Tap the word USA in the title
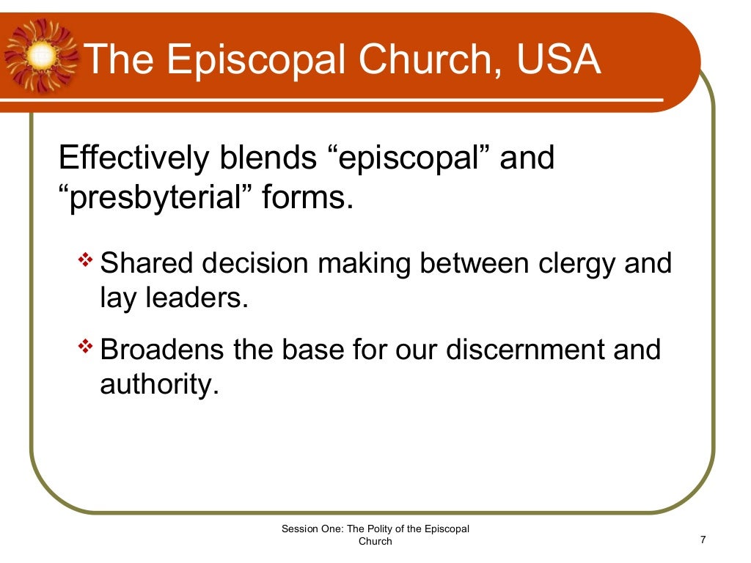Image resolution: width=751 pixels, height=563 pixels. (559, 59)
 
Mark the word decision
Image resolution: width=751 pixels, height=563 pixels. (247, 263)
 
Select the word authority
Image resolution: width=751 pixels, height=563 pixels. (159, 385)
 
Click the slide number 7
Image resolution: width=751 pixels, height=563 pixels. (703, 540)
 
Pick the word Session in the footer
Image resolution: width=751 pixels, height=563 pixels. (298, 529)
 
